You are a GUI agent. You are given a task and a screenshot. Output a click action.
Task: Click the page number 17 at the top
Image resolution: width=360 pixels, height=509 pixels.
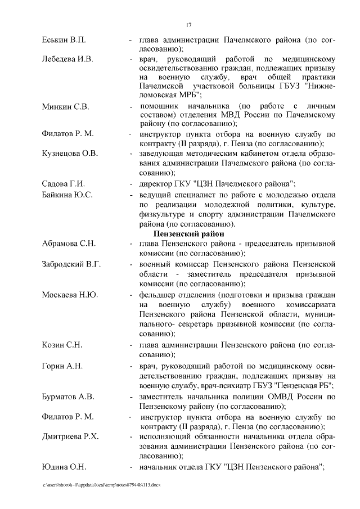(x=189, y=24)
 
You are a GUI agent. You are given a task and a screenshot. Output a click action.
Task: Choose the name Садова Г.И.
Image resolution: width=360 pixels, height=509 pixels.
(x=63, y=184)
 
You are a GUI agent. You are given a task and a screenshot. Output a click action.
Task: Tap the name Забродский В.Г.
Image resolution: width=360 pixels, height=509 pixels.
(x=71, y=263)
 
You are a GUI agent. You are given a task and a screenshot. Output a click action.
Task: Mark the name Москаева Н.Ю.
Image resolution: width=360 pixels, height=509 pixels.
(x=70, y=294)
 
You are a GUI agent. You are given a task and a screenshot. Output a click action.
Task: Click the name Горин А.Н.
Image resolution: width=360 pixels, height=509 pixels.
(x=62, y=366)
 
